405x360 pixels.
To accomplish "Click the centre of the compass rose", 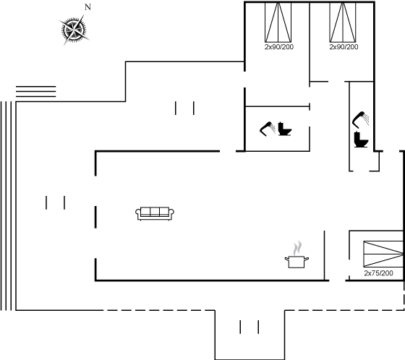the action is coord(74,30).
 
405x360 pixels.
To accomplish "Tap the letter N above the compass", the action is coord(88,7).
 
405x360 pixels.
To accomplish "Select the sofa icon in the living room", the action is coord(155,213).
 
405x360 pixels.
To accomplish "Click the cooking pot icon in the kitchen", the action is coord(297,262).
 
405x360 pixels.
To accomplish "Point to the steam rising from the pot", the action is coord(297,248).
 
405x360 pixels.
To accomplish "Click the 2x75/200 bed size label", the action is coord(378,273).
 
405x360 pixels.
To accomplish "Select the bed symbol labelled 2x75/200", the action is coord(383,254).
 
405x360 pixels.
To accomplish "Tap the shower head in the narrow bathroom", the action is coord(361,119).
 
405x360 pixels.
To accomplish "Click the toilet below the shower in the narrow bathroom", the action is coord(361,140).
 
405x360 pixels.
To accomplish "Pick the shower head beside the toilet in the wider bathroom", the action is coord(268,129).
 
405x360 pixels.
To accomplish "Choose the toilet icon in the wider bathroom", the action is coord(285,129).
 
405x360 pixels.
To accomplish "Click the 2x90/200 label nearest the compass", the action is coord(279,47).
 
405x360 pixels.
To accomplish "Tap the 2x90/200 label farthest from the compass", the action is coord(344,47).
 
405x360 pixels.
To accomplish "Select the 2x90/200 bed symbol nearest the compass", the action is coord(278,22).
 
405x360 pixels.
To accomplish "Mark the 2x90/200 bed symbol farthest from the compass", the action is coord(343,22).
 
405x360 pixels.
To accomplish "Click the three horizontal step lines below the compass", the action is coord(36,91).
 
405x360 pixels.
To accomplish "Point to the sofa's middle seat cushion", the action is coord(155,212).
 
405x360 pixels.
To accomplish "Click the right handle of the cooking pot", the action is coord(307,259).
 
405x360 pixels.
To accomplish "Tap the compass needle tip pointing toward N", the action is coord(84,15).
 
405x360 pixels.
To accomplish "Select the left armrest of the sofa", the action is coord(138,213).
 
